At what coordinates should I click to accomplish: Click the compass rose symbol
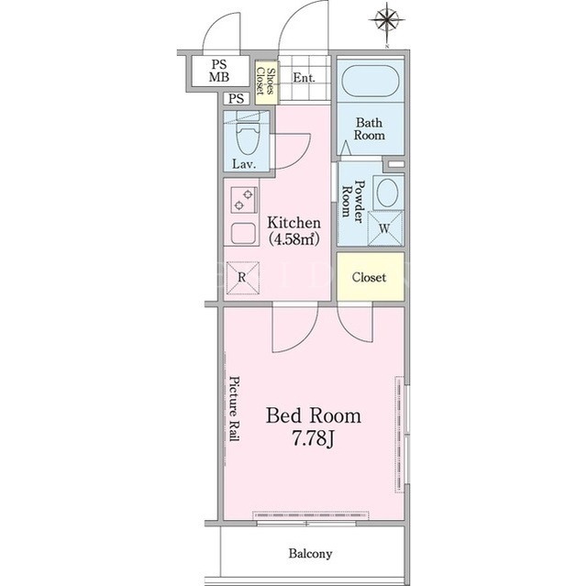[387, 19]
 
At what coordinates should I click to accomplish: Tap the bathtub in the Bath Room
[371, 81]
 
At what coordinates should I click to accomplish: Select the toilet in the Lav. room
[248, 135]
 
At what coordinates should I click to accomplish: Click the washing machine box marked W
[385, 228]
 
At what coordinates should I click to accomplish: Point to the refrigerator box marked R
[242, 278]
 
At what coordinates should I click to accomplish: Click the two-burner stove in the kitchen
[243, 200]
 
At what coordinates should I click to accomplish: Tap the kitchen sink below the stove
[243, 233]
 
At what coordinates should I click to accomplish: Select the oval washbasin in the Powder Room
[387, 193]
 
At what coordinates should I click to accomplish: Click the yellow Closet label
[369, 277]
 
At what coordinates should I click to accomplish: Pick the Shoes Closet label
[265, 82]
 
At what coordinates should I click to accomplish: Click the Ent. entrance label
[304, 78]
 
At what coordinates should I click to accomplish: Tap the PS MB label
[219, 71]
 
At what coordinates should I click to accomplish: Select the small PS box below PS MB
[237, 98]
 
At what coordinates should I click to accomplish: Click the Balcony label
[310, 553]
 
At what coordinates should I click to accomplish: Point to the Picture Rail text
[235, 409]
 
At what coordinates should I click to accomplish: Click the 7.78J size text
[313, 438]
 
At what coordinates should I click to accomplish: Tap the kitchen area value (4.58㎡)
[294, 239]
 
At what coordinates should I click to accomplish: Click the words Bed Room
[314, 415]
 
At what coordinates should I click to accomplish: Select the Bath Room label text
[369, 128]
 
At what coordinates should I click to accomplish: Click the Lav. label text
[244, 164]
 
